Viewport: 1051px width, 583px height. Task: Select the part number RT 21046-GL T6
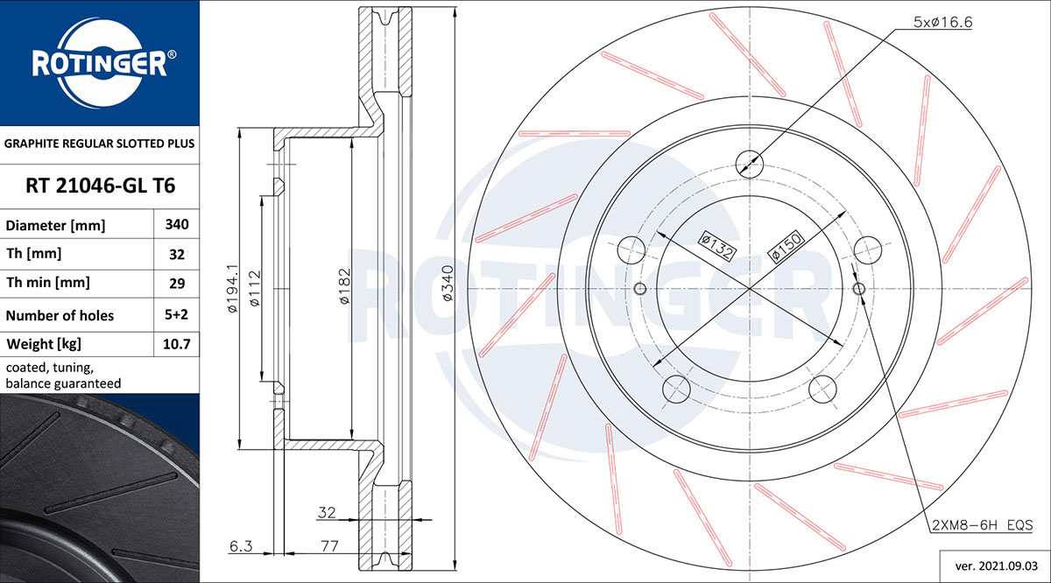(x=101, y=186)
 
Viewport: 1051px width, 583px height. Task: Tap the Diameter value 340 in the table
(x=177, y=225)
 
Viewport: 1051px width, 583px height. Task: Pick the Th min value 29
(x=177, y=284)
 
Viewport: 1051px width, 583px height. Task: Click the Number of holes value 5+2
(x=176, y=314)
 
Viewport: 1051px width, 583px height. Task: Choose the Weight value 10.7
(x=176, y=344)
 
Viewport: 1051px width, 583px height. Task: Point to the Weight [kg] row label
(x=44, y=344)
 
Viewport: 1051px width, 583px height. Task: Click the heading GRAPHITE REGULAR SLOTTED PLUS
(x=100, y=144)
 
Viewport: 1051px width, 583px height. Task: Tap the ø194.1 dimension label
(x=233, y=289)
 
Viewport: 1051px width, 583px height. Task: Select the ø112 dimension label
(x=254, y=289)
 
